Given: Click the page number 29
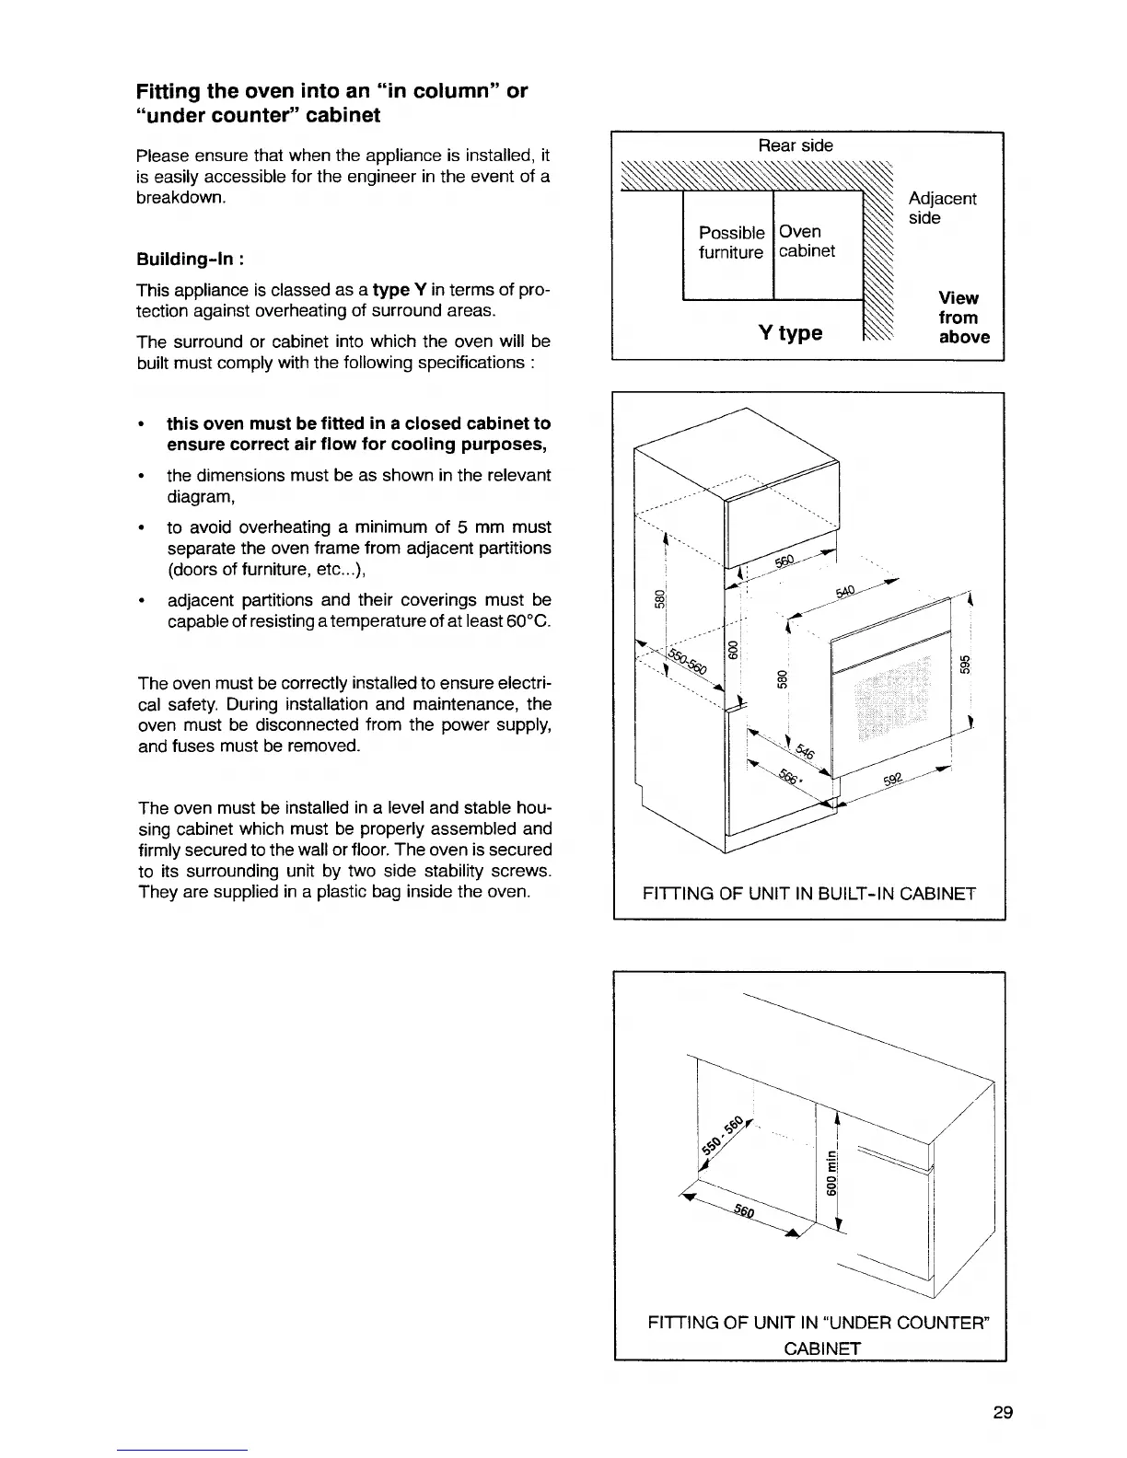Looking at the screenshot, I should tap(1003, 1413).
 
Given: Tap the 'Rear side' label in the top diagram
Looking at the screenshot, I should tap(796, 145).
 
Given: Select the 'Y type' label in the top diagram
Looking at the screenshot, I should tap(790, 332).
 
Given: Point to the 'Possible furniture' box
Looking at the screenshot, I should tap(731, 242).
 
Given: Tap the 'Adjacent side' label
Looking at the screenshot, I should tap(942, 208).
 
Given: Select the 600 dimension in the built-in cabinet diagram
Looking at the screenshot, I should tap(734, 651).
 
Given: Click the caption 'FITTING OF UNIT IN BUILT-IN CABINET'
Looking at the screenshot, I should tap(808, 893).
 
